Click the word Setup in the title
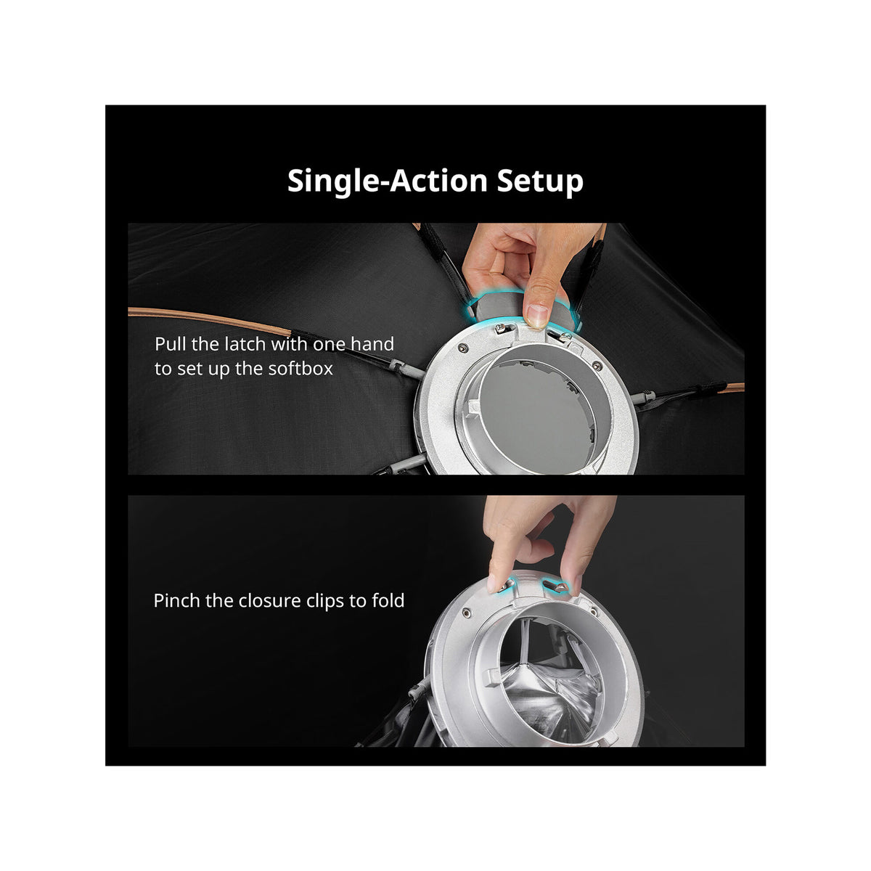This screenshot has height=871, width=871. coord(540,181)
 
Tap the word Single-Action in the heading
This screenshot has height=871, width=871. coord(387,181)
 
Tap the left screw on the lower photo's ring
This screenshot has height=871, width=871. coord(467,613)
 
